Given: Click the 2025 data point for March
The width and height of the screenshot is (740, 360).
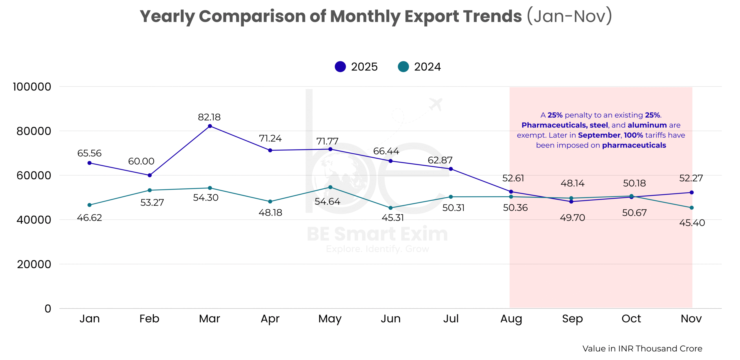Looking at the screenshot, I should [x=210, y=126].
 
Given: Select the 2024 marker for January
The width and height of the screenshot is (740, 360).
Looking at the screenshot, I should [x=89, y=205].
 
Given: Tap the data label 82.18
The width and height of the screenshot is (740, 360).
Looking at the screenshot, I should [x=209, y=117].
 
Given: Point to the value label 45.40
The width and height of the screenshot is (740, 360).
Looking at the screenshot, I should [x=692, y=223].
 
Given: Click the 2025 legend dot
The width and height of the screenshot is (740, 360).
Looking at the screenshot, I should [x=340, y=67].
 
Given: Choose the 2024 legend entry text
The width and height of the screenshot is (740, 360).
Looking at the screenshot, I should [x=427, y=67].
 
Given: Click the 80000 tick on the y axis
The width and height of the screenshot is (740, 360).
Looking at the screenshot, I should [x=34, y=131].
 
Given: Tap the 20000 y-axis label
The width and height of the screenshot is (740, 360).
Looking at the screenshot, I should [x=34, y=264].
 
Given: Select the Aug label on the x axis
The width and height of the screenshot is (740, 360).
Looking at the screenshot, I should [x=511, y=319].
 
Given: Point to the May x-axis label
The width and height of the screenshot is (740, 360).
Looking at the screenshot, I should [x=330, y=319].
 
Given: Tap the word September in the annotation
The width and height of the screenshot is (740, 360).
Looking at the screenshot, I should [x=599, y=135].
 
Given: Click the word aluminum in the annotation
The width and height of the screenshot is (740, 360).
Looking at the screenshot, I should [x=647, y=125].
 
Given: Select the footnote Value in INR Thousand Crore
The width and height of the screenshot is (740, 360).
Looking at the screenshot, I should [x=642, y=348].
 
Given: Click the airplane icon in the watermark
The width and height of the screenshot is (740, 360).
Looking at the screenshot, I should [x=436, y=104].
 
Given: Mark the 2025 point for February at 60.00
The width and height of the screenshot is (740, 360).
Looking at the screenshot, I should [x=150, y=175].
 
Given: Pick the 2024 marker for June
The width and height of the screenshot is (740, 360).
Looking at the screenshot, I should [x=391, y=208].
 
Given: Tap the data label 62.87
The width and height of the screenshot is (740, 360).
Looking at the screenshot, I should [x=440, y=160].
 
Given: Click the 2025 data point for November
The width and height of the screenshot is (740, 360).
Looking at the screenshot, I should [x=691, y=193].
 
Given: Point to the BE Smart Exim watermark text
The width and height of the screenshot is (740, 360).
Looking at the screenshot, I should [x=377, y=234].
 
